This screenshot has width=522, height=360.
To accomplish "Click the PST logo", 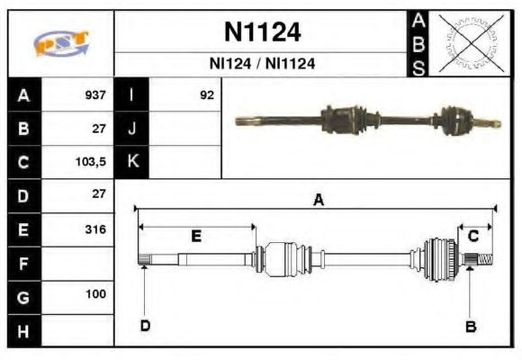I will coord(60,43).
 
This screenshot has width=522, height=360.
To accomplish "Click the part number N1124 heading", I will coord(262,33).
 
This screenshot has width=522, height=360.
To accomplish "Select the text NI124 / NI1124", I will coord(262,65).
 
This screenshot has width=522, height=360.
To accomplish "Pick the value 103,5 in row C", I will coord(92,162).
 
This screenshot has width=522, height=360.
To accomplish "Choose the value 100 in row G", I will coord(94,294).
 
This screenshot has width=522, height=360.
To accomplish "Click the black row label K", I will coord(132,162).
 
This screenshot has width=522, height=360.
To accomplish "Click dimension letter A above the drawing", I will coord(318,202).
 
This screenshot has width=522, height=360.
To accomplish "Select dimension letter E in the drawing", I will coord(196,237).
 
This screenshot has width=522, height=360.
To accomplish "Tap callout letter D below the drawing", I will coord(145,326).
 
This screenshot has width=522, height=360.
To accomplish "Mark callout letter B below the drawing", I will coord(469,326).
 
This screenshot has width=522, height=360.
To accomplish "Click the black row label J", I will coord(132,129).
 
